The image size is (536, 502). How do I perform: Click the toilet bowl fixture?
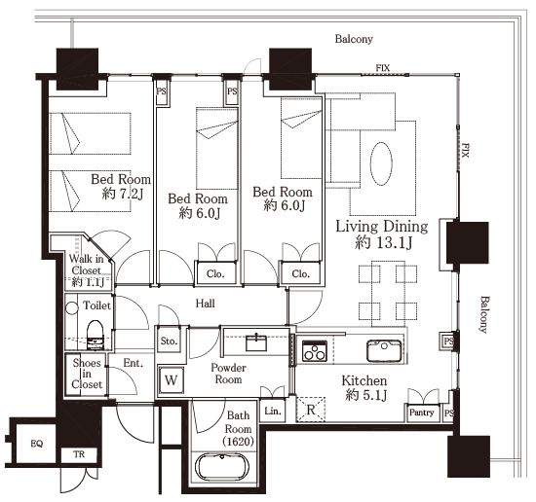(95, 335)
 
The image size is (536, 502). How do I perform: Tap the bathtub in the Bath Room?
(222, 467)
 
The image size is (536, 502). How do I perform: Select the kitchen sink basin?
(384, 350)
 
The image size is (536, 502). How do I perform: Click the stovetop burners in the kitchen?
(315, 351)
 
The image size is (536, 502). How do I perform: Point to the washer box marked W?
(171, 379)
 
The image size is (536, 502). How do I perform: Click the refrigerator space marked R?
(311, 410)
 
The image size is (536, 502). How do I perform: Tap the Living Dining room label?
(382, 227)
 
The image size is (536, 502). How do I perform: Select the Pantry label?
(421, 412)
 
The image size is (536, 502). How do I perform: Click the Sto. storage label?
(169, 341)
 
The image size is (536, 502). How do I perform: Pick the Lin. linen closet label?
(273, 412)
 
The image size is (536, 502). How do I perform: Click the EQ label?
(37, 444)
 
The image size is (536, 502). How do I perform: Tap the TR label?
(79, 454)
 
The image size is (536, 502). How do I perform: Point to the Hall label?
(205, 304)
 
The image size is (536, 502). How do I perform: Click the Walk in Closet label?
(87, 265)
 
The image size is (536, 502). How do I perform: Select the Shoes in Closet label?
(87, 374)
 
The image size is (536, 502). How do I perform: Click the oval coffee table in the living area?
(381, 163)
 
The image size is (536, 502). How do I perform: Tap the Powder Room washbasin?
(256, 342)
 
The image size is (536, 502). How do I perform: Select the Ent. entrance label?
(134, 363)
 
